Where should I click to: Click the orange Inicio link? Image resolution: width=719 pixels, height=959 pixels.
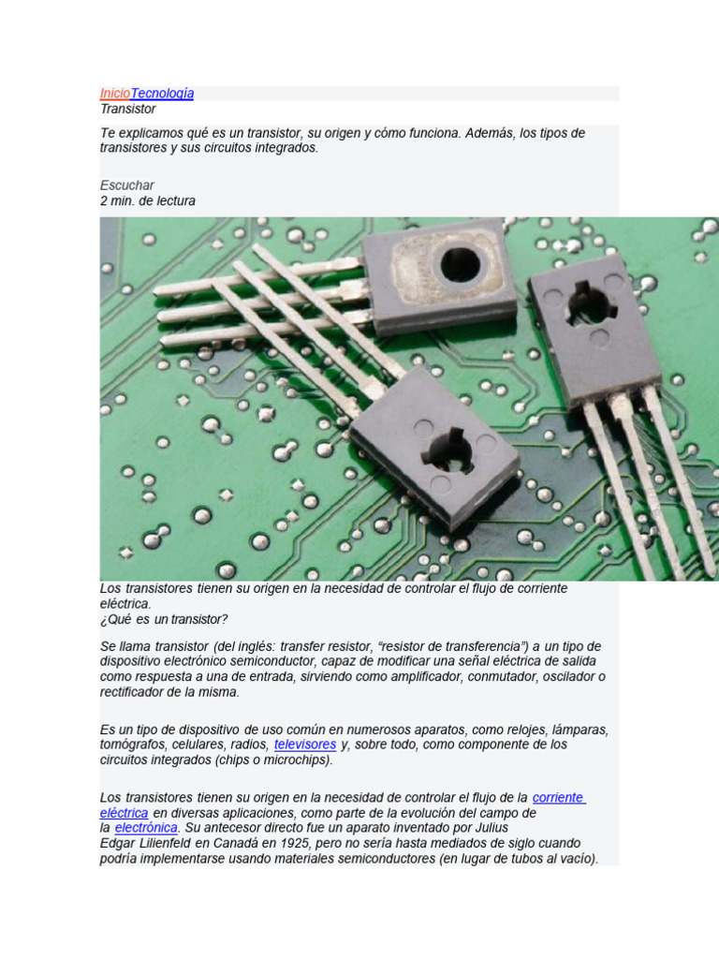(115, 93)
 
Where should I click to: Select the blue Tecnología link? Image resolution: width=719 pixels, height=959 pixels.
(162, 93)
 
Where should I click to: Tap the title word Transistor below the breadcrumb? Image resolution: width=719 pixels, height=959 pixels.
(127, 109)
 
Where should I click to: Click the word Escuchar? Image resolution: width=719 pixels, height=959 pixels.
(126, 185)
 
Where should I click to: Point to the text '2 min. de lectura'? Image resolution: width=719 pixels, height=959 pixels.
(147, 200)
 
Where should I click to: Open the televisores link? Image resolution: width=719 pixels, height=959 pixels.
(304, 745)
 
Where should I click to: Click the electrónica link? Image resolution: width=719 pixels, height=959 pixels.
(145, 828)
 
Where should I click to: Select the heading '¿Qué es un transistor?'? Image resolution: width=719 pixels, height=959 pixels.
(164, 619)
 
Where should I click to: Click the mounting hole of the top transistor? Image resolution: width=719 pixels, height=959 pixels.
(460, 265)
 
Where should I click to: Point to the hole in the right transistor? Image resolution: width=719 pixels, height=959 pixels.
(591, 304)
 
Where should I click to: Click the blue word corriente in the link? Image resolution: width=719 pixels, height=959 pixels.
(558, 798)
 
